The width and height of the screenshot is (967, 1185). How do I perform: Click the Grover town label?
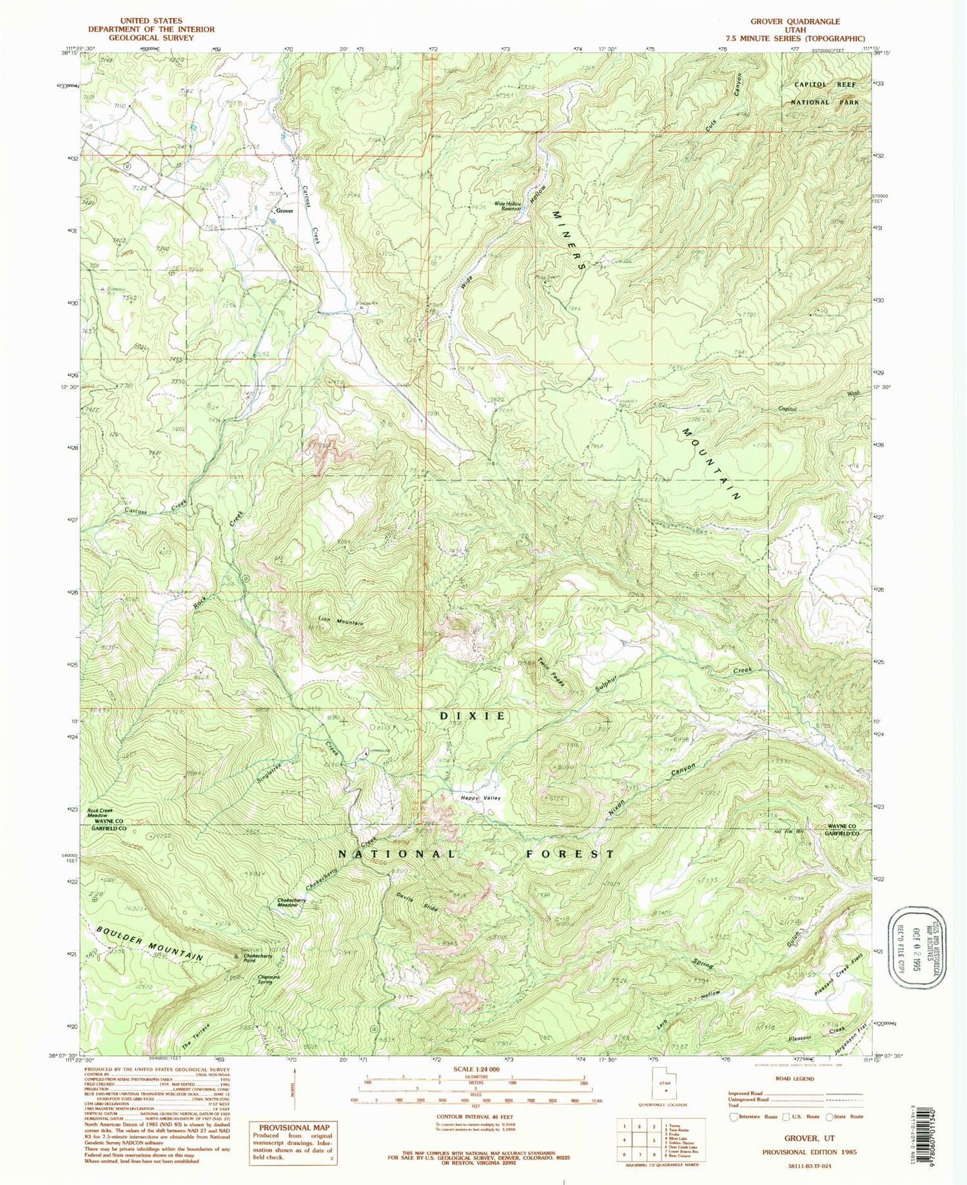point(284,211)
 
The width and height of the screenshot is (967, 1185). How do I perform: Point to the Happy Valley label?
point(481,798)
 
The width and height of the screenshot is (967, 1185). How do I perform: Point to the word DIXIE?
point(481,716)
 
